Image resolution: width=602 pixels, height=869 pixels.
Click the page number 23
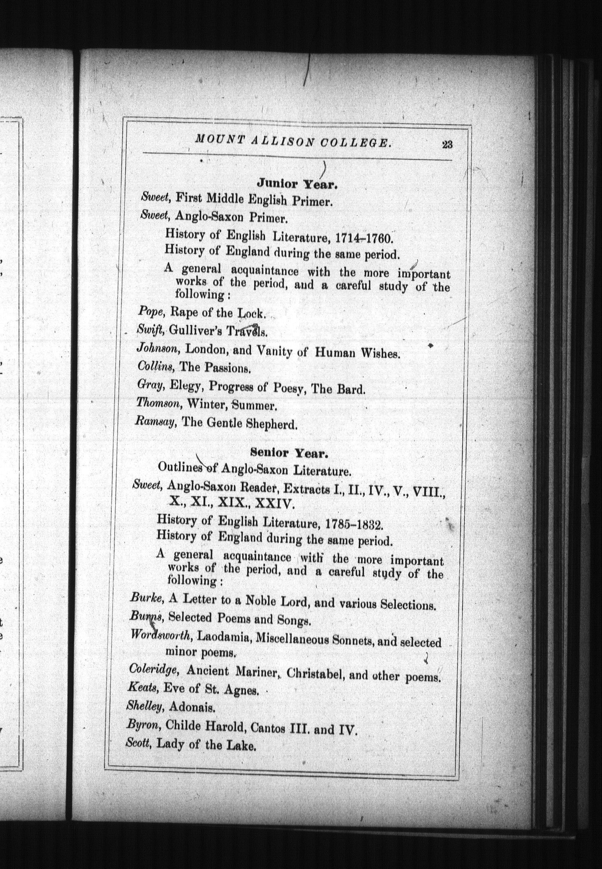click(447, 144)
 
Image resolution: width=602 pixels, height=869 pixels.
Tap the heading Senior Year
click(289, 453)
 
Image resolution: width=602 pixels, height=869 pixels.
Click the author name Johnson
click(157, 349)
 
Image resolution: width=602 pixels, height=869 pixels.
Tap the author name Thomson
click(159, 403)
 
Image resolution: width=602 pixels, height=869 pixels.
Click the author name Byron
click(143, 725)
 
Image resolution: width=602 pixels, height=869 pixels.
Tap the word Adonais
click(192, 708)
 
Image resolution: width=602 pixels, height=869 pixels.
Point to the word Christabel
click(315, 674)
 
